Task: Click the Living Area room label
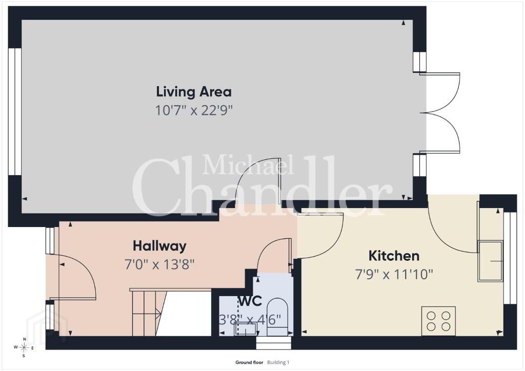[x=194, y=92]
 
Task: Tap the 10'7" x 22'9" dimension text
[x=194, y=110]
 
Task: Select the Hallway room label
[x=160, y=246]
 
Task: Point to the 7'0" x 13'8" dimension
[x=160, y=265]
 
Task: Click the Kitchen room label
[x=394, y=256]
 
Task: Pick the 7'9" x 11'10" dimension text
[x=394, y=275]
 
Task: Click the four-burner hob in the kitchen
[x=439, y=321]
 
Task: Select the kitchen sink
[x=491, y=261]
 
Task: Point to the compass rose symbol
[x=24, y=347]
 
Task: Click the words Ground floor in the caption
[x=249, y=362]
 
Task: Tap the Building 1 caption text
[x=278, y=362]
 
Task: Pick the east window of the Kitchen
[x=510, y=258]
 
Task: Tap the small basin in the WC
[x=246, y=328]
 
